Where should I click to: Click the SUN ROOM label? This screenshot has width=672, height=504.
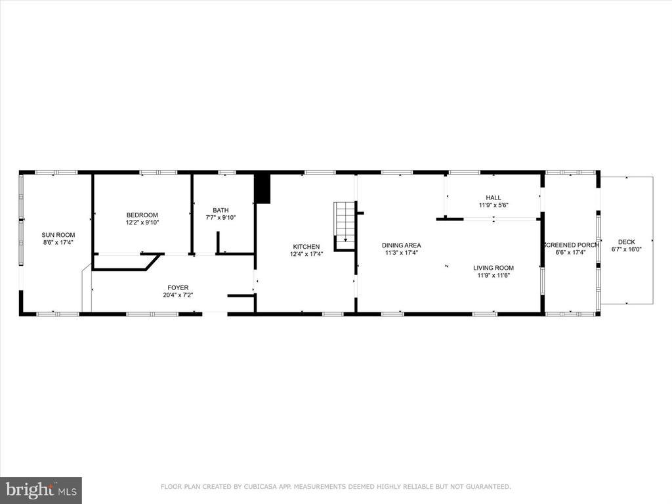[x=58, y=235]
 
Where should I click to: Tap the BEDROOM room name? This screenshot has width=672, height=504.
[x=142, y=215]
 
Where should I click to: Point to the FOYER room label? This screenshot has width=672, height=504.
[x=178, y=287]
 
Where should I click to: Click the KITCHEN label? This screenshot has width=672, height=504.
[x=306, y=247]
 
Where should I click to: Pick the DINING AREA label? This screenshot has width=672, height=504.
[x=402, y=245]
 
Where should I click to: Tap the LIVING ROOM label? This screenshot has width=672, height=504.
[x=495, y=268]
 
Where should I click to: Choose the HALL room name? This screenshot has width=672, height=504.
[x=493, y=198]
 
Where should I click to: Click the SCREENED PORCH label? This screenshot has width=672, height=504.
[x=570, y=245]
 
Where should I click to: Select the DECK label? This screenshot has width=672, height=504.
[x=626, y=242]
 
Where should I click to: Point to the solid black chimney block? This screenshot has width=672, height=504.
[x=262, y=188]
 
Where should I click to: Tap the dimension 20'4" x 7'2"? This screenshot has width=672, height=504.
[x=178, y=295]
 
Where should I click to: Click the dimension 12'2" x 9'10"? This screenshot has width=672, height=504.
[x=142, y=222]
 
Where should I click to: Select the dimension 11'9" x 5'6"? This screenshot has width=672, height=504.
[x=493, y=205]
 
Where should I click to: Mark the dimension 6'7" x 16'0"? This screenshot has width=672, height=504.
[x=626, y=249]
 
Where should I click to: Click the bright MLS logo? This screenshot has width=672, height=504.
[x=41, y=490]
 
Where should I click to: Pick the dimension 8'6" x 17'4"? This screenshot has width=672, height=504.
[x=58, y=243]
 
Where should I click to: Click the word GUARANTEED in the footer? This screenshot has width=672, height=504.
[x=487, y=487]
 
